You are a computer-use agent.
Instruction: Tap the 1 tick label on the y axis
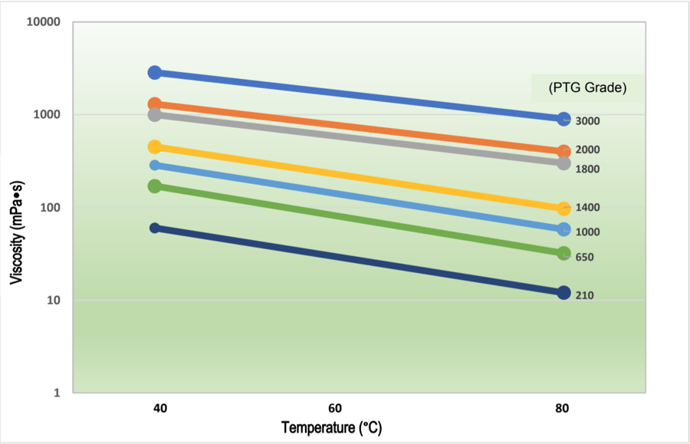tap(56, 393)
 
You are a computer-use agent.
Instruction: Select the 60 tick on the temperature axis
tap(335, 409)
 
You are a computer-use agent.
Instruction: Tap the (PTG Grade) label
tap(588, 88)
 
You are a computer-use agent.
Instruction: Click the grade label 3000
tap(587, 121)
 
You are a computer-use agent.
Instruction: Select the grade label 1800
tap(587, 169)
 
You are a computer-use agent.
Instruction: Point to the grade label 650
tap(584, 257)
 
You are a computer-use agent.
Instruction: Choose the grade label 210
tap(584, 295)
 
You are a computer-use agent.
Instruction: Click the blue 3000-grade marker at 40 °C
tap(155, 72)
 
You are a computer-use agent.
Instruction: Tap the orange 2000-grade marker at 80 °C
tap(563, 152)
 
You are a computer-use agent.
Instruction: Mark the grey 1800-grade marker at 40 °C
tap(155, 114)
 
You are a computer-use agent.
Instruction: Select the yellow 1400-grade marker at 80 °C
tap(563, 208)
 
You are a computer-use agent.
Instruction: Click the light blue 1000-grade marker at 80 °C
tap(563, 229)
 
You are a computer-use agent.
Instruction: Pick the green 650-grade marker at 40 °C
tap(155, 186)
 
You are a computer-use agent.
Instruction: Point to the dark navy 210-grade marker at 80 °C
tap(563, 292)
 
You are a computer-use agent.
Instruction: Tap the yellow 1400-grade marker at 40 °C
tap(155, 146)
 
